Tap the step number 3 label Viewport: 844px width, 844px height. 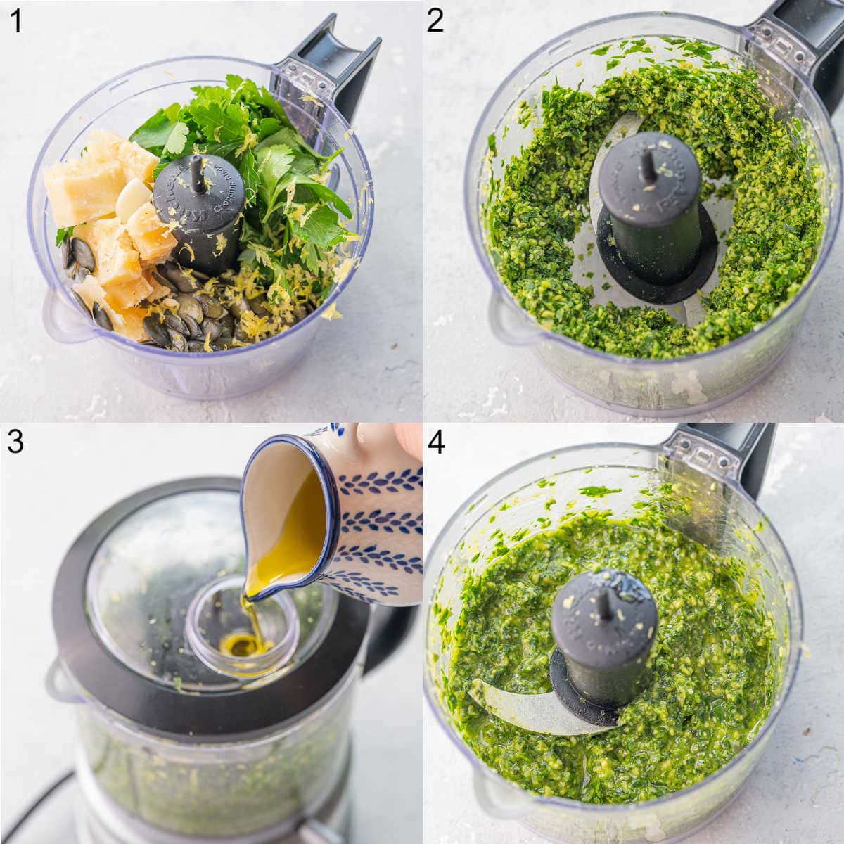(x=15, y=442)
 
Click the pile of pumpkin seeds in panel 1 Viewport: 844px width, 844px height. (x=197, y=309)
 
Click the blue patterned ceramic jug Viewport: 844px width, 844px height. (x=366, y=520)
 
